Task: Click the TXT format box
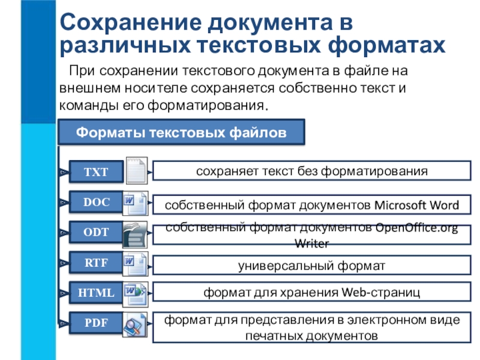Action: point(96,172)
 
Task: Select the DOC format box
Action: point(96,202)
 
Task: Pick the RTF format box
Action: point(96,262)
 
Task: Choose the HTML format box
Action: point(96,293)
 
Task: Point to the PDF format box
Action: point(96,323)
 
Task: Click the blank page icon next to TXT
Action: point(136,171)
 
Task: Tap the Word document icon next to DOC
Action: point(135,203)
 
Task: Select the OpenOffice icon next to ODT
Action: point(135,235)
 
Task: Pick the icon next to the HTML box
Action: point(135,293)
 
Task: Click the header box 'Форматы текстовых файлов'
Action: point(181,132)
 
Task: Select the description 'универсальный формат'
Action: point(311,263)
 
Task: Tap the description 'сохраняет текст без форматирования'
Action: point(311,171)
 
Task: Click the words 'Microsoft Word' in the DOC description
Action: point(417,205)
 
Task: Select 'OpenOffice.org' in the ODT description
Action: point(415,228)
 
